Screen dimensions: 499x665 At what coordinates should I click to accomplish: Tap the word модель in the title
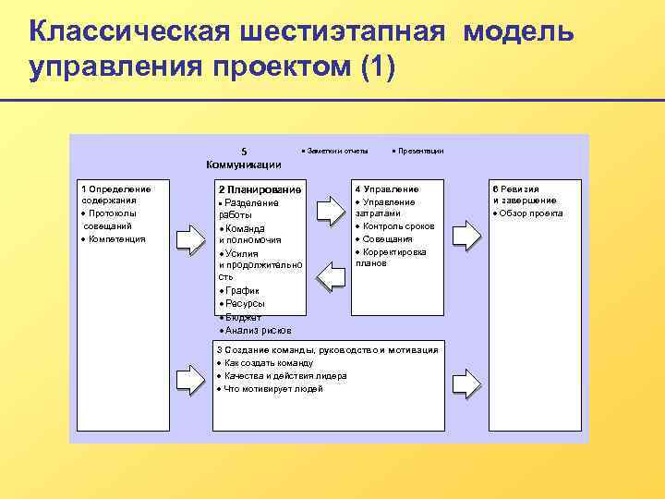pyautogui.click(x=518, y=32)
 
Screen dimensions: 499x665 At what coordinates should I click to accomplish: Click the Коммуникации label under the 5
pyautogui.click(x=244, y=164)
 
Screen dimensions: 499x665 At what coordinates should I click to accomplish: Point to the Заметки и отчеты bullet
pyautogui.click(x=339, y=151)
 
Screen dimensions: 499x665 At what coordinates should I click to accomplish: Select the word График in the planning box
pyautogui.click(x=241, y=290)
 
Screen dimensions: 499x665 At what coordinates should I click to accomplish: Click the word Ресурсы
pyautogui.click(x=245, y=303)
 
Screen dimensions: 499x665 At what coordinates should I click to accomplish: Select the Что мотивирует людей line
pyautogui.click(x=273, y=389)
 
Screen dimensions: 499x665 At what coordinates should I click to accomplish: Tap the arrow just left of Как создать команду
pyautogui.click(x=188, y=376)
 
